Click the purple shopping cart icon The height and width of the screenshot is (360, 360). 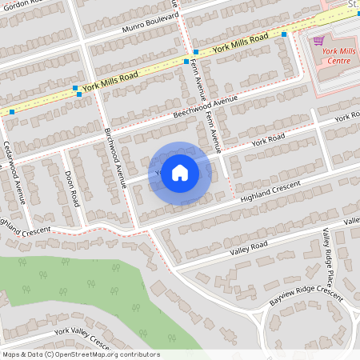coord(318,41)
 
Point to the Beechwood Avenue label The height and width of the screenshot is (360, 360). coord(206,106)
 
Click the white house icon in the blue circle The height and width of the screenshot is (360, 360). coord(180,172)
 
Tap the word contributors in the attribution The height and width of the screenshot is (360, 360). coord(139,354)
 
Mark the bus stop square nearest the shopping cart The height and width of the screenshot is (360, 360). coord(285,34)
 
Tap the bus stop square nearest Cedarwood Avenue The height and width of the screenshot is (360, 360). coord(11,112)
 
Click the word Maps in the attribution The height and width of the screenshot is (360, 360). coord(10,354)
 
